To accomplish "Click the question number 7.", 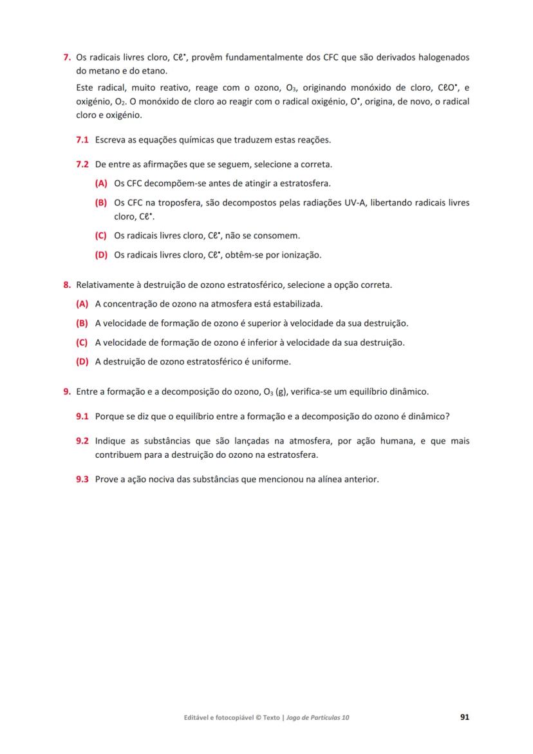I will pos(66,57).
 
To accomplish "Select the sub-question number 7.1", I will pos(82,140).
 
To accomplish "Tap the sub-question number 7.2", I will pos(82,164).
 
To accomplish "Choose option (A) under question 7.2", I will pos(101,184).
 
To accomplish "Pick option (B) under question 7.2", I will pos(101,203).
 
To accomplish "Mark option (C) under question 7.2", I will pos(101,236).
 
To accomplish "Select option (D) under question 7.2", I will pos(101,255).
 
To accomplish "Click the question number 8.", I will pos(66,285).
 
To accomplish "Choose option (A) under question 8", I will pos(82,304).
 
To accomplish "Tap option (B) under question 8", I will pos(82,323).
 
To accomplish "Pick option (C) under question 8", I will pos(82,343).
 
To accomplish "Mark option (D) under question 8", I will pos(82,362).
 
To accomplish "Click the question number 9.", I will pos(66,391).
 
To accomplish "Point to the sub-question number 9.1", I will pos(82,417).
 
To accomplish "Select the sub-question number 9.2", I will pos(82,441).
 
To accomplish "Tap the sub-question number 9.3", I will pos(82,480).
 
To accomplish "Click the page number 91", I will pos(464,717).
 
